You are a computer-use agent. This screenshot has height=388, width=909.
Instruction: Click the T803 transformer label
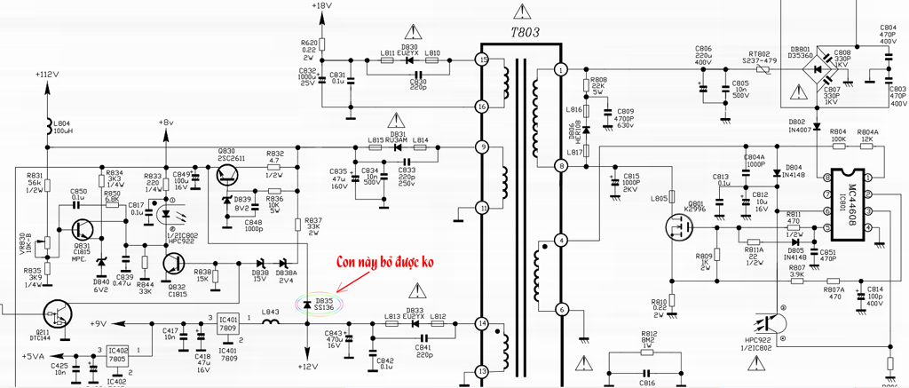click(524, 33)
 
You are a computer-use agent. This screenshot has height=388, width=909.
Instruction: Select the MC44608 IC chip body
click(850, 202)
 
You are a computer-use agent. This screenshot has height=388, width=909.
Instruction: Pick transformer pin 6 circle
click(560, 310)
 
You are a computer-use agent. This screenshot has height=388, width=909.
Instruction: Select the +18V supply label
click(321, 6)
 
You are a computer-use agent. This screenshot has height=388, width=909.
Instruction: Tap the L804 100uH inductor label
click(62, 127)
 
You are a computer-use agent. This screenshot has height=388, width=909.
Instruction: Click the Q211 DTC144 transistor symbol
click(59, 313)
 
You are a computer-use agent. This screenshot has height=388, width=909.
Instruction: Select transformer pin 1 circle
click(560, 69)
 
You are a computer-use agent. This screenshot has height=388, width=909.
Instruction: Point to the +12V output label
click(307, 367)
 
